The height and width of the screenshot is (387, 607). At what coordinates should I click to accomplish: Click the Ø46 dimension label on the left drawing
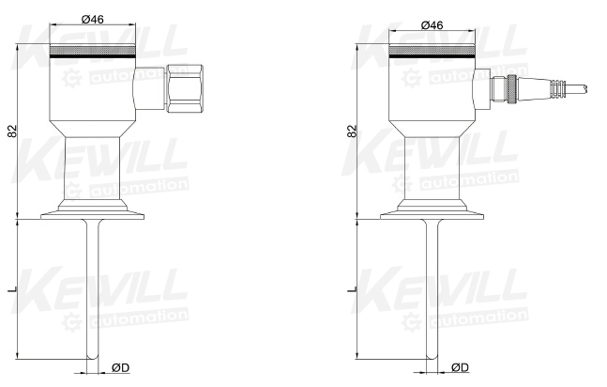coord(93,19)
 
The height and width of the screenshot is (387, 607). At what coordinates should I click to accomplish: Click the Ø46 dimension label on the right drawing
coord(432,25)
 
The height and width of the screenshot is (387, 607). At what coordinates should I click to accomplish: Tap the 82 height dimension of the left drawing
coord(12,131)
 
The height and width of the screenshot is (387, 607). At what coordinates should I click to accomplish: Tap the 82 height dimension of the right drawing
coord(352,132)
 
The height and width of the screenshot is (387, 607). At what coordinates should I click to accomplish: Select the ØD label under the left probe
coord(120,367)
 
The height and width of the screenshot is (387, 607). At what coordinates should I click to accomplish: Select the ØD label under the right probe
coord(460,367)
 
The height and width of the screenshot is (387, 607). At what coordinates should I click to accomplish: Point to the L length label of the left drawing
coord(13,289)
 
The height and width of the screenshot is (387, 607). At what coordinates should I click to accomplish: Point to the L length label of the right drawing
coord(353,289)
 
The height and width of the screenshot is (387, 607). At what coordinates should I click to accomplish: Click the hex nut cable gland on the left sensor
coord(185,89)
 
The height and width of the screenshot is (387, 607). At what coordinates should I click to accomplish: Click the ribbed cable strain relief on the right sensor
coord(557,89)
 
